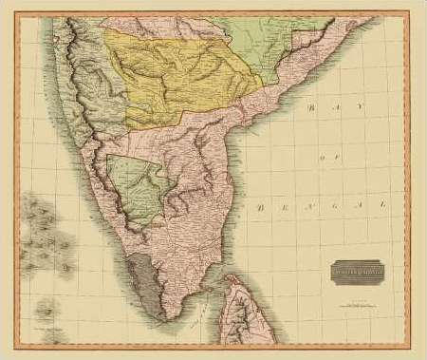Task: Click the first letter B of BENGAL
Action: [259, 204]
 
